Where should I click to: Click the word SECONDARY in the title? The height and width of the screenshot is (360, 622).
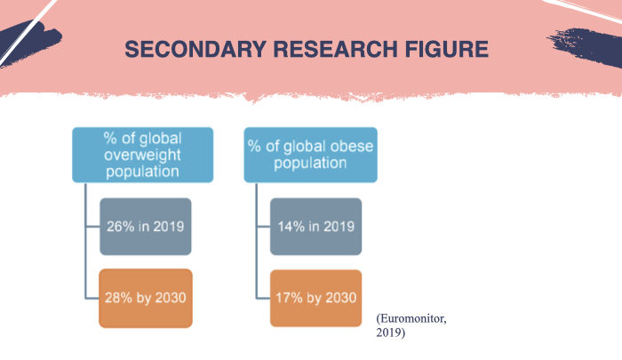coord(195,49)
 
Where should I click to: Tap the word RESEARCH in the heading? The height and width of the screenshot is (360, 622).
coord(335,49)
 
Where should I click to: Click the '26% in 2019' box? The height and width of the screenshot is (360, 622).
coord(146,227)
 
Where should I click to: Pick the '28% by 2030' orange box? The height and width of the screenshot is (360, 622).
coord(146,298)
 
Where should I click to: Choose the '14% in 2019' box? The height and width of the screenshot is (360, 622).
coord(315,227)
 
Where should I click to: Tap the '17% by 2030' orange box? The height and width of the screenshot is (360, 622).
coord(315,298)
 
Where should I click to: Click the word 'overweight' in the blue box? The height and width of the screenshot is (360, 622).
coord(142,155)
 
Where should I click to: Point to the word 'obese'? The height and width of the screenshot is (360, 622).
coord(352,147)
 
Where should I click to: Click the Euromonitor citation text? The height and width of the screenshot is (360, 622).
coord(411,325)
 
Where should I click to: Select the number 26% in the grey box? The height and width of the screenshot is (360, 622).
coord(121,227)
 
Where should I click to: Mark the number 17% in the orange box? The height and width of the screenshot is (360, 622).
coord(289,298)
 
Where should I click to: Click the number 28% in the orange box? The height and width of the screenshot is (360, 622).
coord(118,298)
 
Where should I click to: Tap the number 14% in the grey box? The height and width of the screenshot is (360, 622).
coord(291,227)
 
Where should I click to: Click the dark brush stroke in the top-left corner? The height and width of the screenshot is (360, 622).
coord(28,43)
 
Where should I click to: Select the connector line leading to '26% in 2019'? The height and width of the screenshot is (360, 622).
coord(92,227)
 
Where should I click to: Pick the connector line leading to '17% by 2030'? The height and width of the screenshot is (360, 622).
coord(263,298)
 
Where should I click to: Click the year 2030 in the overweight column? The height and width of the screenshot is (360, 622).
coord(171,298)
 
